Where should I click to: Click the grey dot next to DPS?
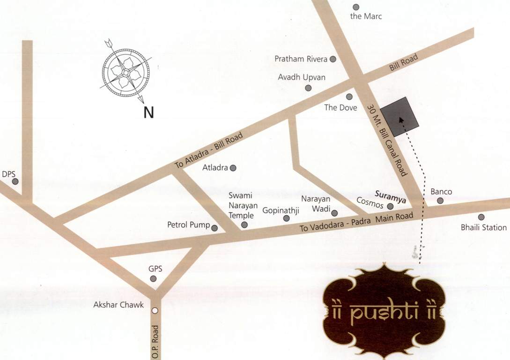(15, 181)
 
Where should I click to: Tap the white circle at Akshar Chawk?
(155, 310)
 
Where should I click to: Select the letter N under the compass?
(148, 113)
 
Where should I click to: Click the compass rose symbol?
(126, 72)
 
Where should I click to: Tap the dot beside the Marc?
(356, 7)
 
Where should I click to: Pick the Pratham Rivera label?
(301, 59)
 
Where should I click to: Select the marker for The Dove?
(349, 97)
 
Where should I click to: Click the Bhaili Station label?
(484, 228)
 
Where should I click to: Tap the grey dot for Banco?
(440, 201)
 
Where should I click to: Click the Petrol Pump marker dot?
(214, 228)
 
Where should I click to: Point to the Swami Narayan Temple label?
(241, 205)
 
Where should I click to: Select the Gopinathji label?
(281, 210)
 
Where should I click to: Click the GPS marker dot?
(153, 279)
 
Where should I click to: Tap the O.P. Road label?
(155, 342)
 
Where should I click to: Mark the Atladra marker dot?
(233, 167)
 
